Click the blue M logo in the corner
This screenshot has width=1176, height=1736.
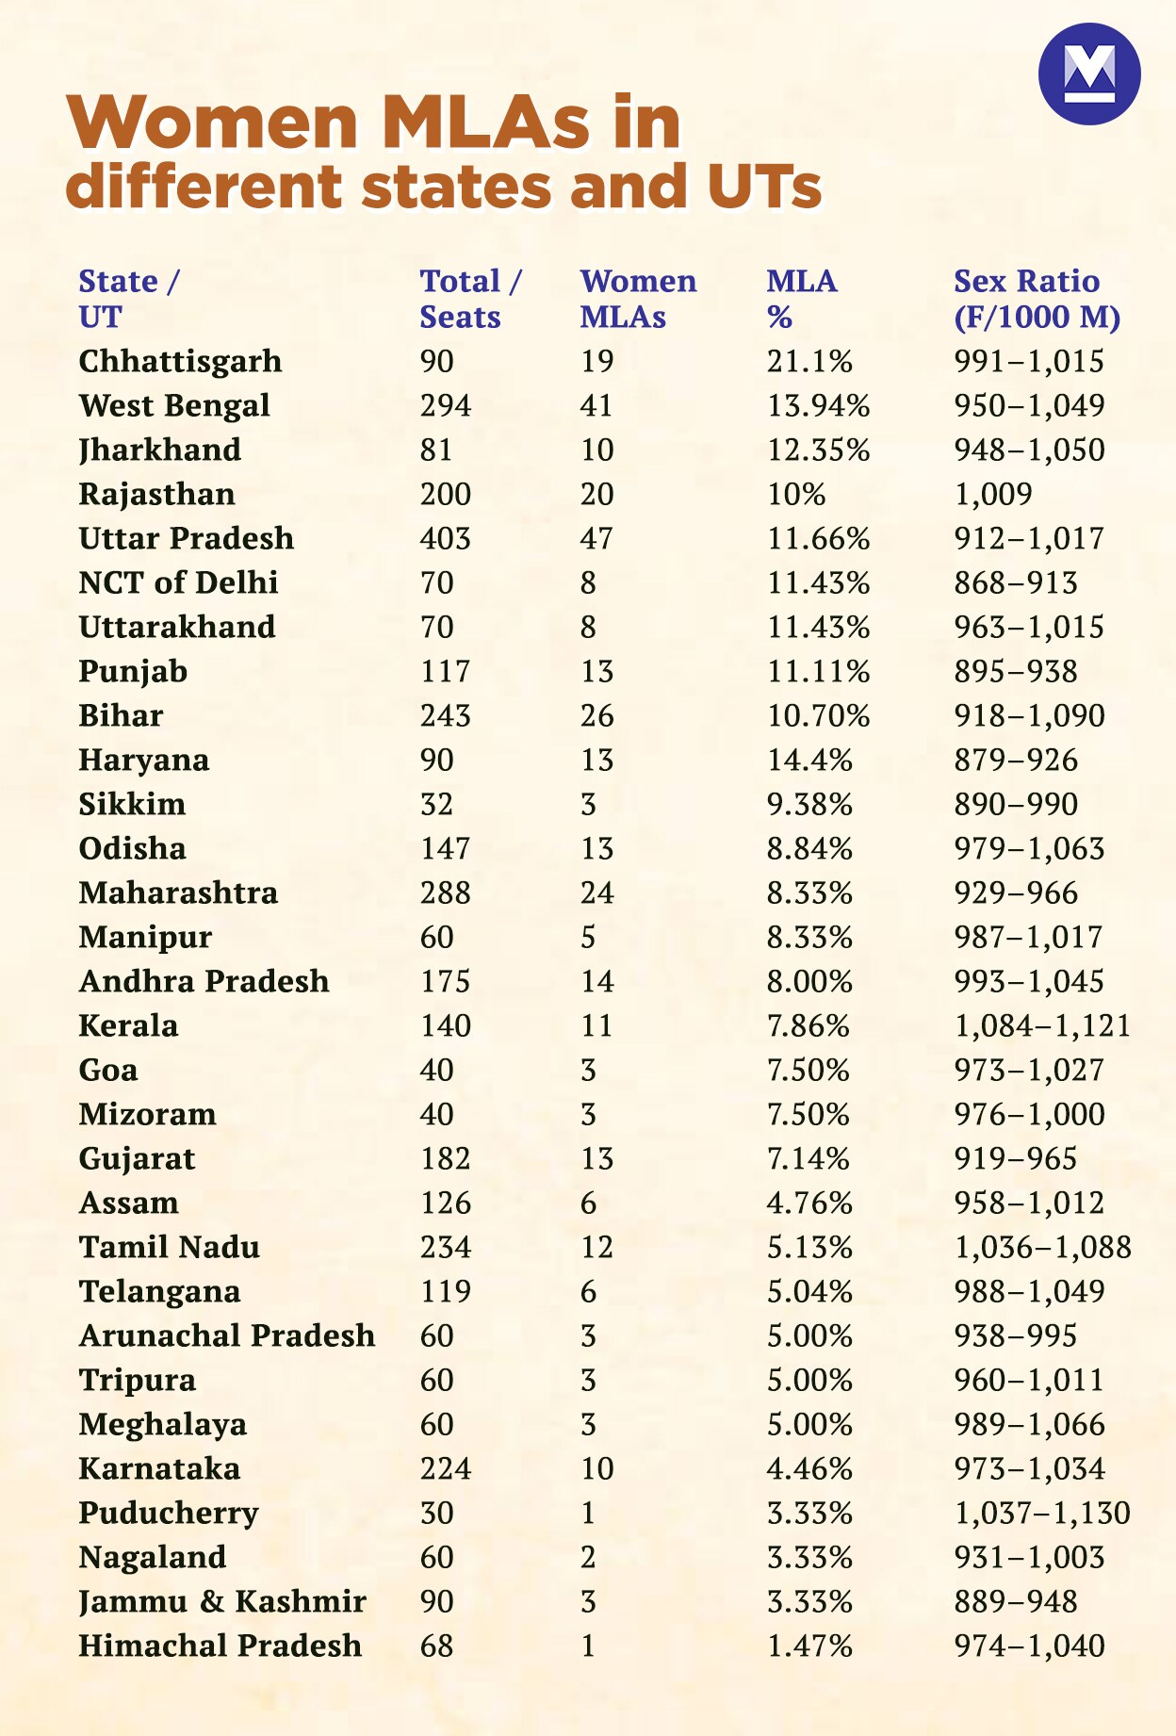[1089, 74]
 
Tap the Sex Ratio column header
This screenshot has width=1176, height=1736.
[1037, 299]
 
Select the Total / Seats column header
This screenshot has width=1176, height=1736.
[470, 299]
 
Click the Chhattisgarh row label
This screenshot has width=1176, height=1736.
[180, 361]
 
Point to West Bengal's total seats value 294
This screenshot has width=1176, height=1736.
[446, 405]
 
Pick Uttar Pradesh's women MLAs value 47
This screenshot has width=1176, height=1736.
[596, 538]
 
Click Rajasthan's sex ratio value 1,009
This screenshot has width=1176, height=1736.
[993, 494]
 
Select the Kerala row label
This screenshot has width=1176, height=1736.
[128, 1025]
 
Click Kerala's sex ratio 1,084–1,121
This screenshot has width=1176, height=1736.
[1042, 1025]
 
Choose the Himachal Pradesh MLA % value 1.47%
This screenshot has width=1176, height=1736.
[809, 1646]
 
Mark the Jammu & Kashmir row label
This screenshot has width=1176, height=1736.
[222, 1601]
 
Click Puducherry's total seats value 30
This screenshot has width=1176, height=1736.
[437, 1513]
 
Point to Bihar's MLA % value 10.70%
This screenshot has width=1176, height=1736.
[818, 715]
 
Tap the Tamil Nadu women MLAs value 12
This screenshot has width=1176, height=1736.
[596, 1247]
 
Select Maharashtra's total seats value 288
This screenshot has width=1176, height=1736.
[446, 893]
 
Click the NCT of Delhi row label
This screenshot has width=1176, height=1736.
[178, 582]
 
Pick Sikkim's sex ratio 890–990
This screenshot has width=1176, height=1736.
[1016, 804]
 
